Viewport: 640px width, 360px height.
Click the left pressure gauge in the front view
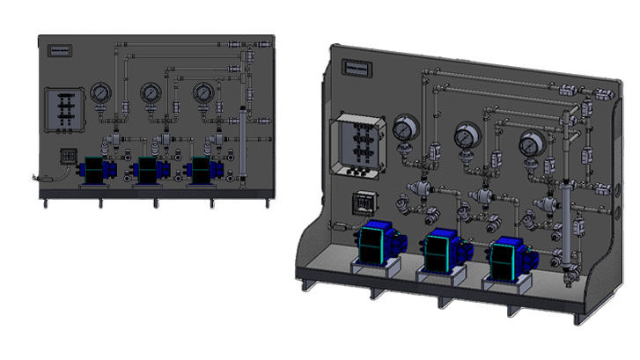click(99, 92)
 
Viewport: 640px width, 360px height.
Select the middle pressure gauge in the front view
click(151, 92)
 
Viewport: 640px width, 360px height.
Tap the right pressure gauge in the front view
click(204, 92)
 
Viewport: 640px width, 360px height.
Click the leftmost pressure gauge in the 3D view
click(406, 129)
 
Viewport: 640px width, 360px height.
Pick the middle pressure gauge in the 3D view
click(466, 137)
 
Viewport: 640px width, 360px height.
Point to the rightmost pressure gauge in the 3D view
click(529, 144)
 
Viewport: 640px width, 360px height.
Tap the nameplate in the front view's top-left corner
click(62, 48)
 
